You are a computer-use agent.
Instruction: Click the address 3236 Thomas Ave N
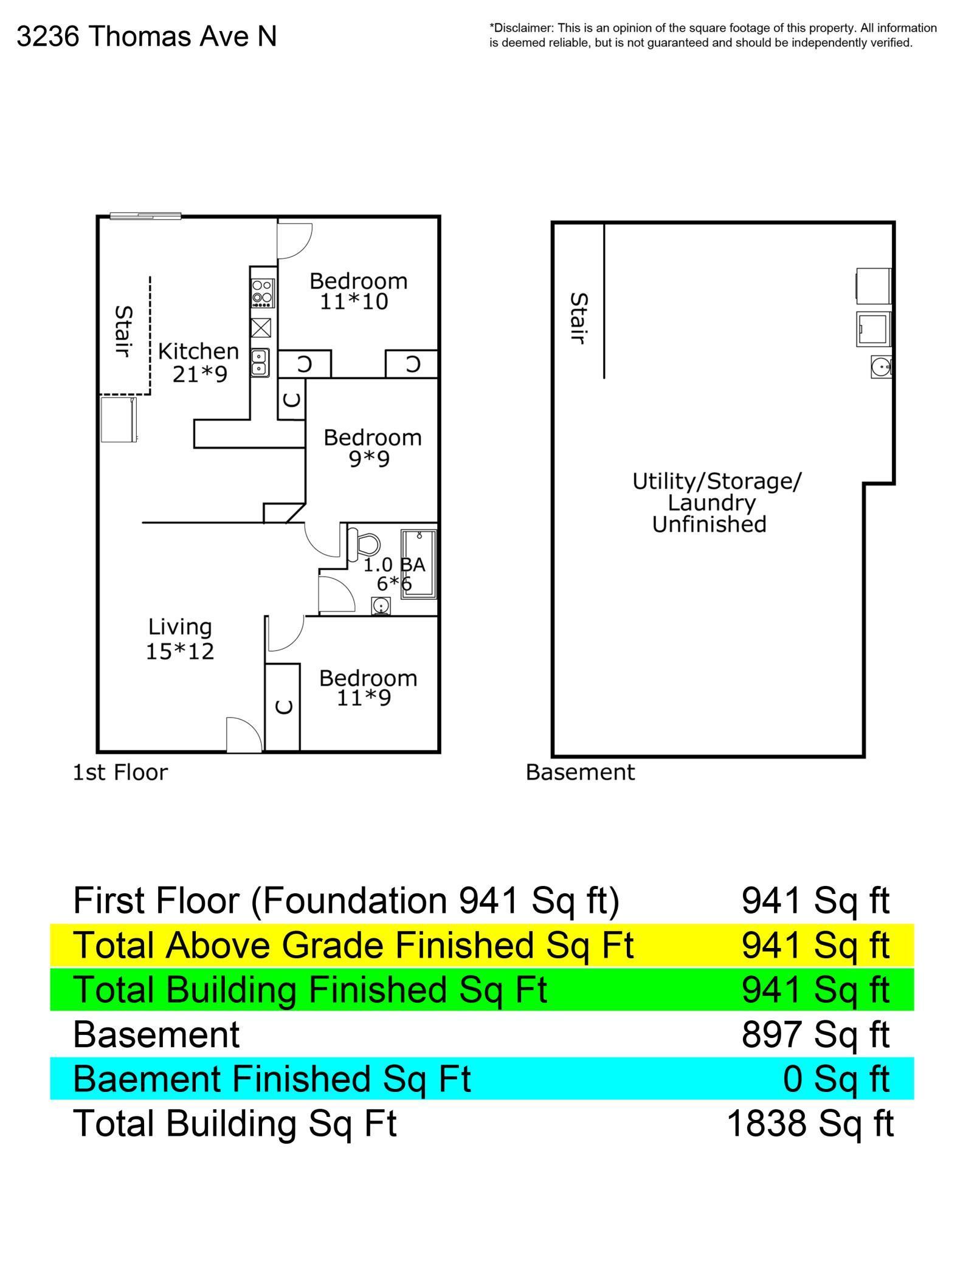point(146,36)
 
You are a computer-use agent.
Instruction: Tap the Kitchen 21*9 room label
point(199,362)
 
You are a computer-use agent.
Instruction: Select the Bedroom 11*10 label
point(357,291)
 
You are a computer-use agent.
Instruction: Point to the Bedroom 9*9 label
point(371,448)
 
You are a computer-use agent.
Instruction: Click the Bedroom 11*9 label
point(367,688)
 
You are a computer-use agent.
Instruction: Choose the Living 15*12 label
point(180,639)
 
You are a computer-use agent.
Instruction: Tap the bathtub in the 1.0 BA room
point(418,564)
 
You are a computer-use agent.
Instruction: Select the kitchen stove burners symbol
point(263,292)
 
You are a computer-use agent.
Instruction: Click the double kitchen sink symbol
point(260,362)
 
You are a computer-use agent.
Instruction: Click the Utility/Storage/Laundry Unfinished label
point(716,503)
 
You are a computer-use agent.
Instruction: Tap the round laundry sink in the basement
point(879,367)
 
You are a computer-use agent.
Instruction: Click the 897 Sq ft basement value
point(815,1034)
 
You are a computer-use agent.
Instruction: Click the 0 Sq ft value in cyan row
point(835,1079)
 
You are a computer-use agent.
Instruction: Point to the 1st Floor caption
point(120,772)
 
